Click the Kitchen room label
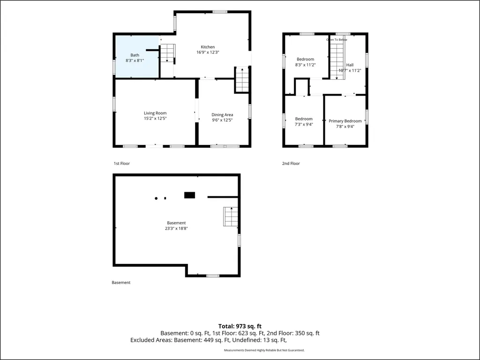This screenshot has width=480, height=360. [x=208, y=47]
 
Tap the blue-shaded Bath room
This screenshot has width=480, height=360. [x=137, y=57]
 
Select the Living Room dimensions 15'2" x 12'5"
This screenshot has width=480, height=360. [x=155, y=119]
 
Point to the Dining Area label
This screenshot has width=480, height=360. [x=222, y=115]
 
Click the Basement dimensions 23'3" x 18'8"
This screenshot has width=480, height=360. [x=176, y=228]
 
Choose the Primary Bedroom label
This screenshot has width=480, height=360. [x=345, y=121]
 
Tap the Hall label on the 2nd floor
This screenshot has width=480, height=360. [x=350, y=65]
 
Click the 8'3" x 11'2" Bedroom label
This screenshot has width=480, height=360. [x=305, y=59]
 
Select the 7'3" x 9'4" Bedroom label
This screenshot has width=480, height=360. [x=304, y=119]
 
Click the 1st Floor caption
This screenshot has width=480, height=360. [x=122, y=164]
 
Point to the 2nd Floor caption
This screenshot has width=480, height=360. [x=291, y=164]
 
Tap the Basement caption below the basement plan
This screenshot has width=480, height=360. [x=121, y=283]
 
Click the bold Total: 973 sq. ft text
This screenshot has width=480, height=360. [x=240, y=326]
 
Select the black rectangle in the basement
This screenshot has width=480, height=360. [x=189, y=195]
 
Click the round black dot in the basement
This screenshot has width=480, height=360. [x=156, y=198]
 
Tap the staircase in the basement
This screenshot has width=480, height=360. [x=231, y=217]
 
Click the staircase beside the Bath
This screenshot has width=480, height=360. [x=167, y=53]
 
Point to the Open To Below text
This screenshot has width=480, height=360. [x=337, y=40]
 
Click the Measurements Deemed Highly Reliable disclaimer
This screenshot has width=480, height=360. [x=264, y=350]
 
